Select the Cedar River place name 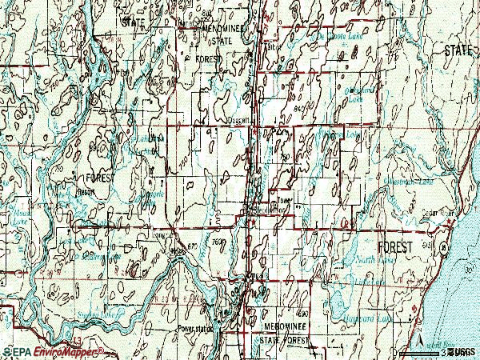(x=430, y=214)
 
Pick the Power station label (x=197, y=327)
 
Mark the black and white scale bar (x=424, y=352)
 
